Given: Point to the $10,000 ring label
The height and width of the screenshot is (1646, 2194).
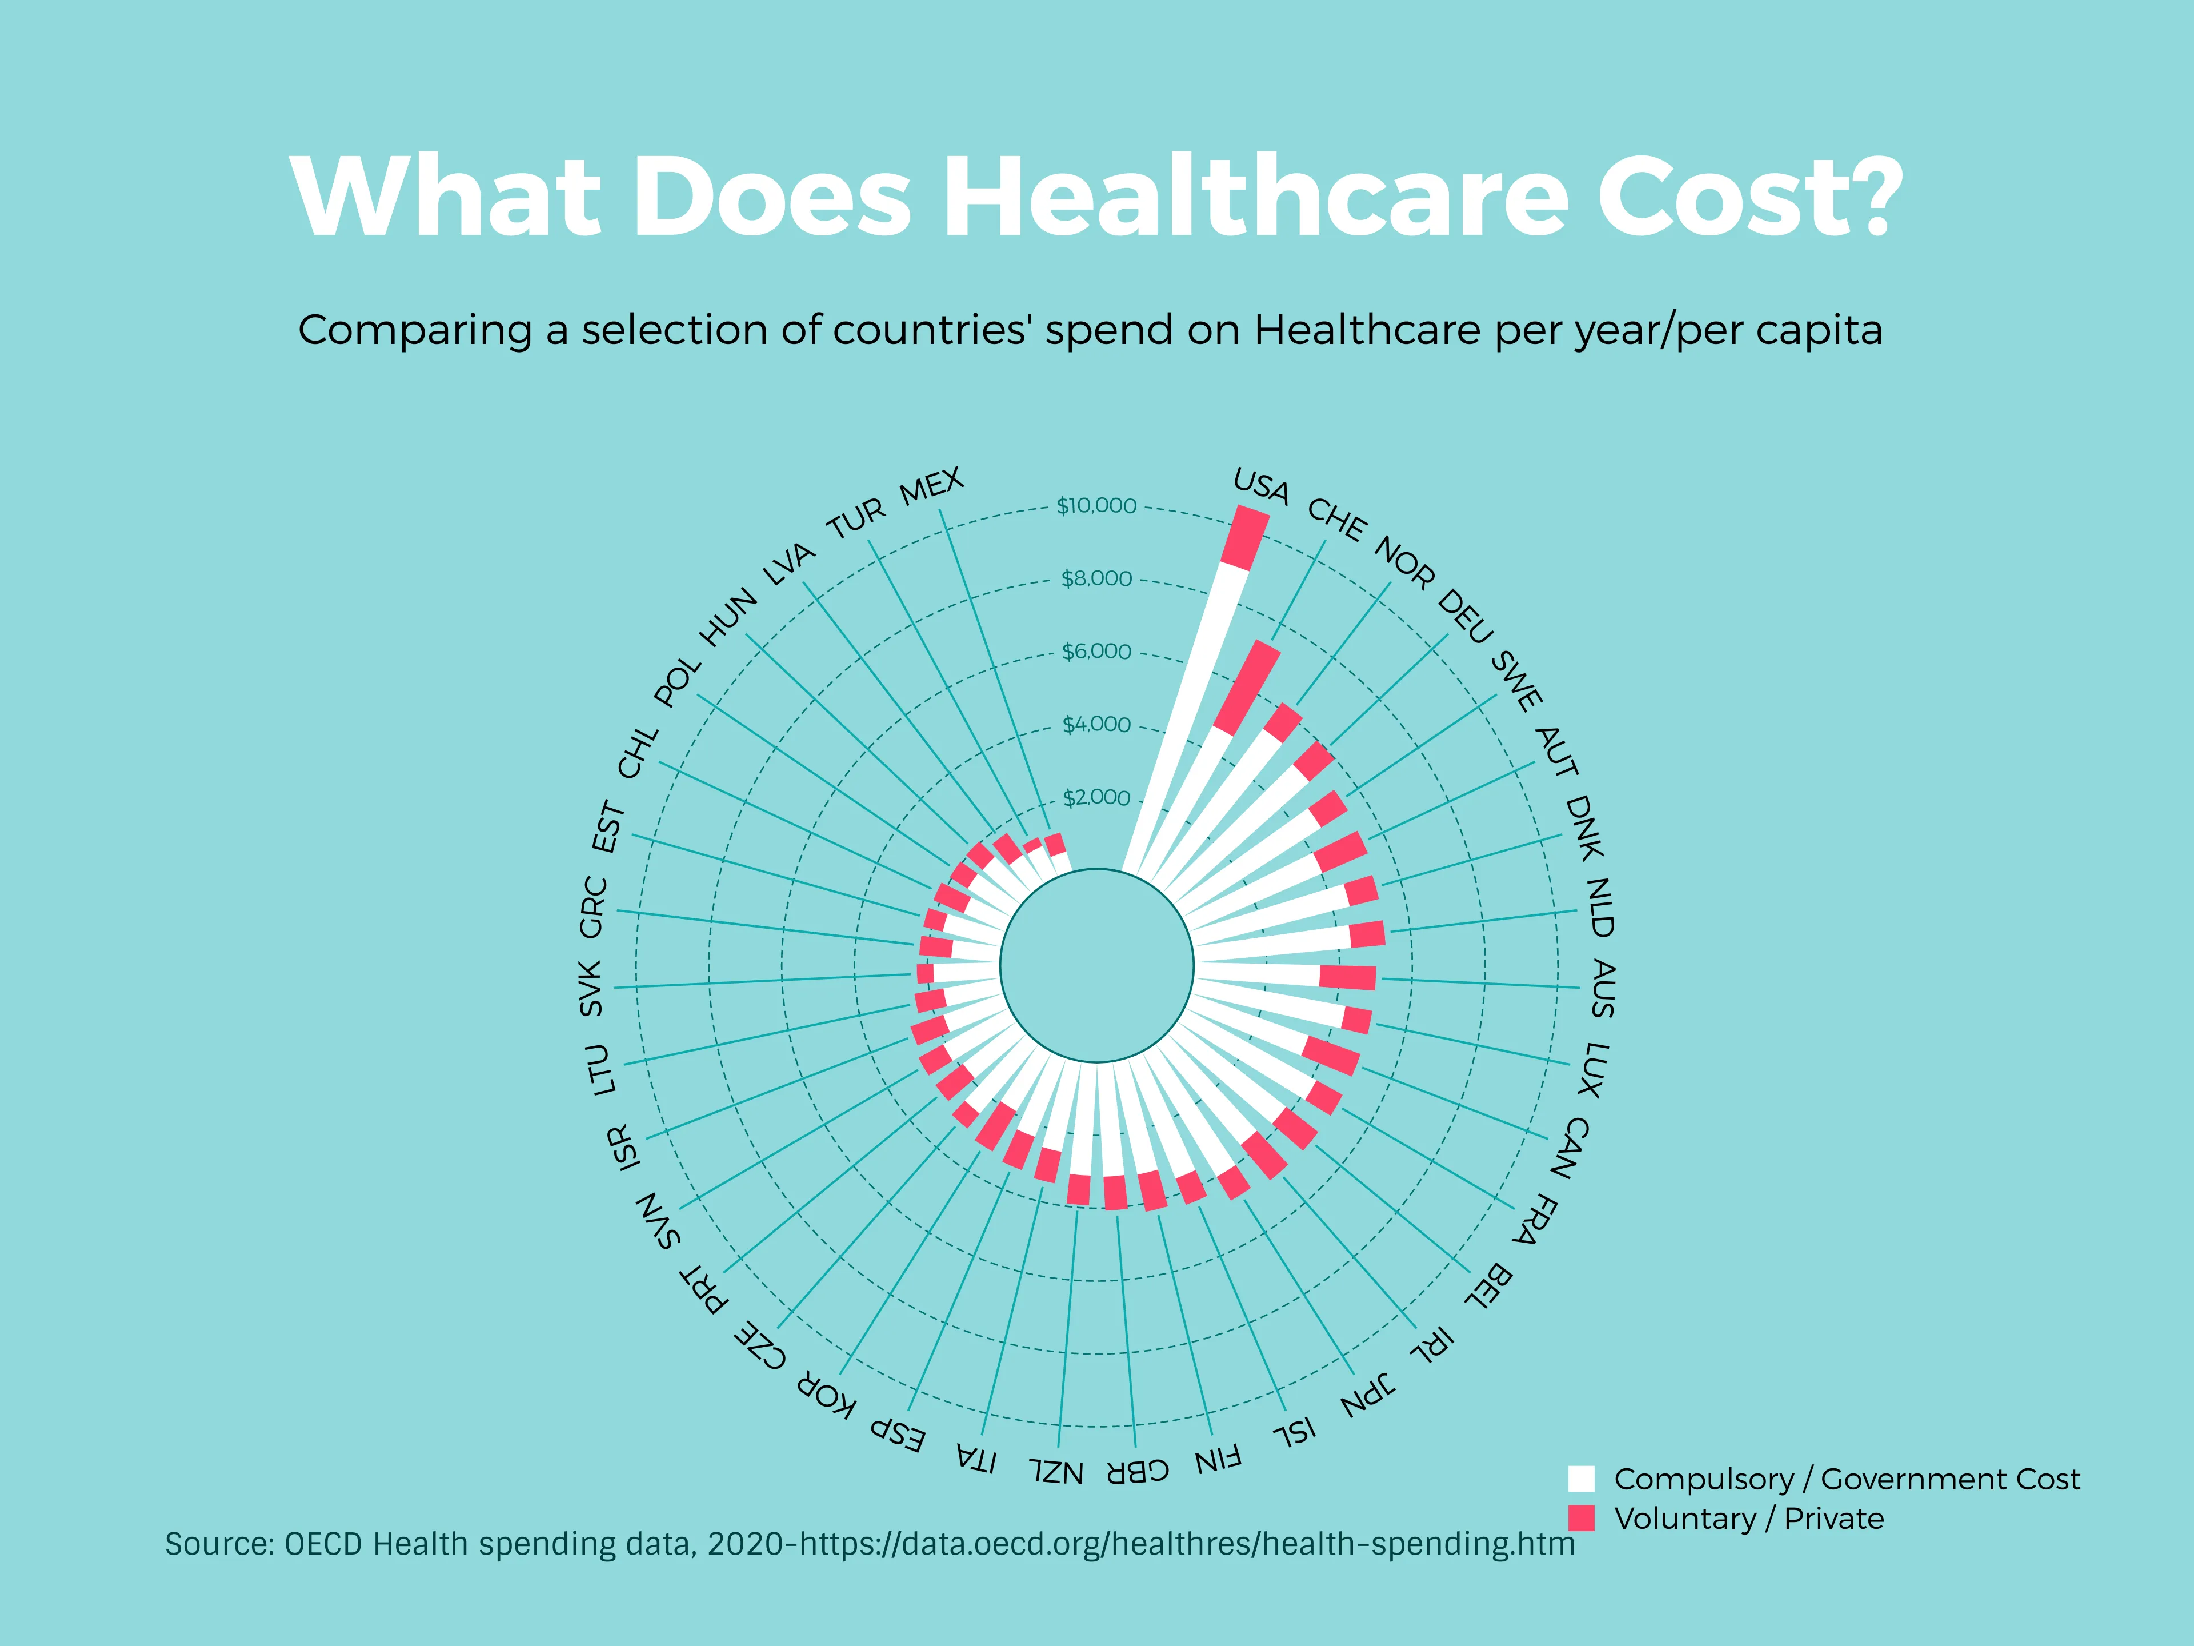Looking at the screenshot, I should point(1096,506).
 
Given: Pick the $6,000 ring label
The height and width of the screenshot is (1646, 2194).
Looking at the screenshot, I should point(1096,652).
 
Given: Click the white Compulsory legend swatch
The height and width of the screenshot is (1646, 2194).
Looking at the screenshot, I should point(1581,1479).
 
